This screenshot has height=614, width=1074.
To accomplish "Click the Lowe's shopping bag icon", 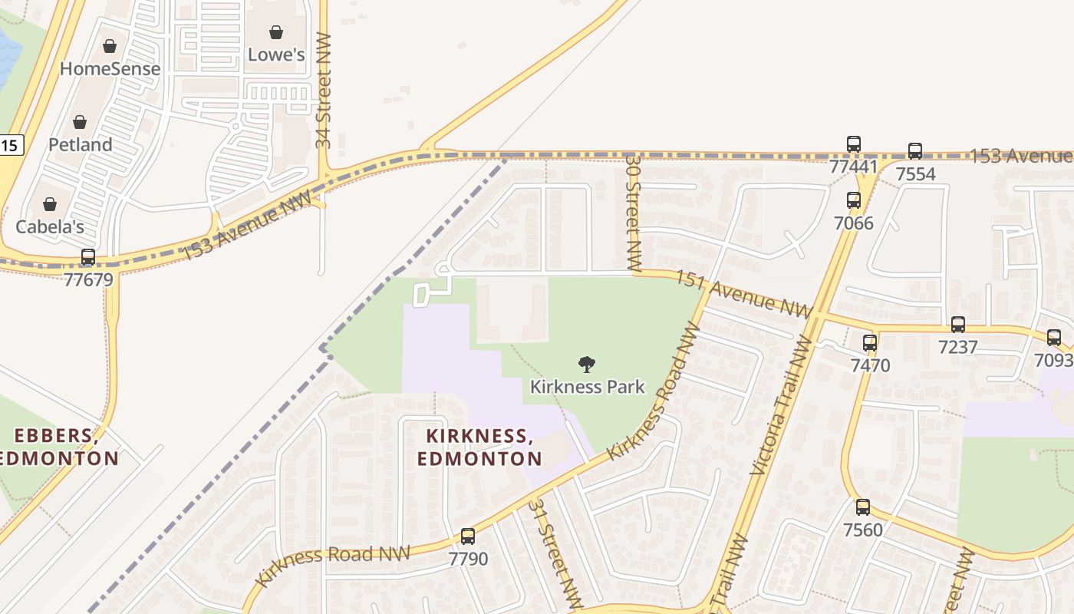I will (276, 32).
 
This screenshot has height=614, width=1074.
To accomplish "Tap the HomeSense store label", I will (110, 68).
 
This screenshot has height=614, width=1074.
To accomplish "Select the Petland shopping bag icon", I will (80, 122).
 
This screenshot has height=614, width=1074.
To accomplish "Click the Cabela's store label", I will (50, 226).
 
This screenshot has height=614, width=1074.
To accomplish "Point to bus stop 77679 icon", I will (88, 257).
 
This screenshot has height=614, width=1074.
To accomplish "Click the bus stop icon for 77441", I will (854, 144).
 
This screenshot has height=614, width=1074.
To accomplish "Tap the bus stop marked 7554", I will (915, 151).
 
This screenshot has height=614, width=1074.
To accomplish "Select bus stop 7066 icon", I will (854, 200).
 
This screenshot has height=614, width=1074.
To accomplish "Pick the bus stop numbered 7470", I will (869, 343).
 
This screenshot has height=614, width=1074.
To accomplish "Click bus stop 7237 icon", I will (958, 325).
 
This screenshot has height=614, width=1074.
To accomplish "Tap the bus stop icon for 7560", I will (863, 507).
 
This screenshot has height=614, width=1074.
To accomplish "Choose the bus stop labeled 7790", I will (468, 536).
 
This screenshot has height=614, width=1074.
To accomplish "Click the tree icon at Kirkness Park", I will (587, 365).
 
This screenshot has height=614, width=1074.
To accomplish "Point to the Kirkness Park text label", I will (588, 386).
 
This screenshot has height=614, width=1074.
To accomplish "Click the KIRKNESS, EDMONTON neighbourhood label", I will (479, 447).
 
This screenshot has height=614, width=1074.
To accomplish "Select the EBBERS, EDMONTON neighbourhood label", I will (58, 447).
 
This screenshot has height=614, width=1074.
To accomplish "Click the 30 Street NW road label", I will (633, 213).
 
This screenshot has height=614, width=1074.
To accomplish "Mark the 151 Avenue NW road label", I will (743, 294).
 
